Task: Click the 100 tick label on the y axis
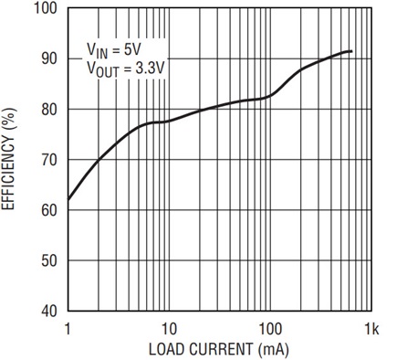pyautogui.click(x=45, y=8)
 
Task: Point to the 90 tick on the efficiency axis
pyautogui.click(x=49, y=58)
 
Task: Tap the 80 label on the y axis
pyautogui.click(x=49, y=110)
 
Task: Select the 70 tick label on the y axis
pyautogui.click(x=49, y=160)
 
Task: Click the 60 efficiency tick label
pyautogui.click(x=49, y=210)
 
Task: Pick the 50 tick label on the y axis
pyautogui.click(x=49, y=261)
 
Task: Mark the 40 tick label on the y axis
pyautogui.click(x=49, y=312)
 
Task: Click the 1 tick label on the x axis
pyautogui.click(x=68, y=329)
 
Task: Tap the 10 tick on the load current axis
pyautogui.click(x=168, y=329)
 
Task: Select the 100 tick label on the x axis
pyautogui.click(x=269, y=329)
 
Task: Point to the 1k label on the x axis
pyautogui.click(x=371, y=329)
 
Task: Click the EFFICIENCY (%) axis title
pyautogui.click(x=8, y=159)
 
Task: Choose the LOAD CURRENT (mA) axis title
pyautogui.click(x=218, y=349)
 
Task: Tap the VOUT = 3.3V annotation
pyautogui.click(x=126, y=69)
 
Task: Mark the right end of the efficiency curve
pyautogui.click(x=351, y=51)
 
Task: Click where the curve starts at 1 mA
pyautogui.click(x=68, y=200)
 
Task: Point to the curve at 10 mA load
pyautogui.click(x=169, y=122)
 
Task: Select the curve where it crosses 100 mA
pyautogui.click(x=270, y=97)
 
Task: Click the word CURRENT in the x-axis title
pyautogui.click(x=218, y=349)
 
